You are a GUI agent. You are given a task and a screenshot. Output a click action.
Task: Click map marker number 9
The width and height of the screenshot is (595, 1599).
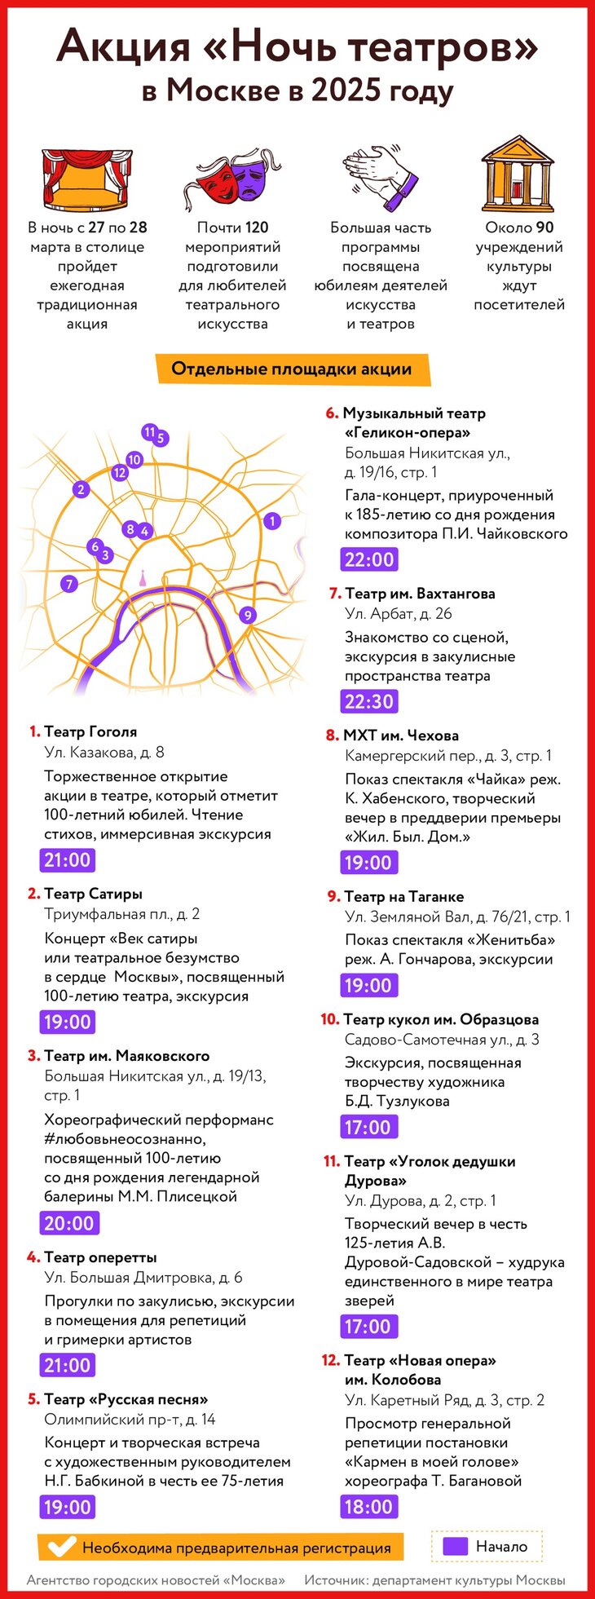click(x=248, y=616)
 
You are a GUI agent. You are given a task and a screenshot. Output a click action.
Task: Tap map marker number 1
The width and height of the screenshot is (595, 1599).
click(x=272, y=520)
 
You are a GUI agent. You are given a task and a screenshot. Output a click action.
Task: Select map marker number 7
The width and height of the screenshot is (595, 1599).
click(x=69, y=584)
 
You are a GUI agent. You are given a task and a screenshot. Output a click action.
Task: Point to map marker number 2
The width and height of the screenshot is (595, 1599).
click(x=80, y=489)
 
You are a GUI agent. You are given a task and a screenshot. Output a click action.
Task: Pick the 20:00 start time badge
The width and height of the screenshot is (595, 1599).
click(x=69, y=1223)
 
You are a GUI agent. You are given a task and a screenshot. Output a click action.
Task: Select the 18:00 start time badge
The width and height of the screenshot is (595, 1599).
click(x=368, y=1506)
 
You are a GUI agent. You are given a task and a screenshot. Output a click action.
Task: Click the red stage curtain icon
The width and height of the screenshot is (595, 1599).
click(x=86, y=179)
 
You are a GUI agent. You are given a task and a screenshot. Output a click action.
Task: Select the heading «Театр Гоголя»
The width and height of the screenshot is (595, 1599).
click(x=90, y=732)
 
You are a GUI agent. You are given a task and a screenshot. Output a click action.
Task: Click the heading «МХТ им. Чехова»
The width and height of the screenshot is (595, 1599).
click(x=401, y=735)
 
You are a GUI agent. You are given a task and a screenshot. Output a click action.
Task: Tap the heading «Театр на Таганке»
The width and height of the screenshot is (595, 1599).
click(x=404, y=897)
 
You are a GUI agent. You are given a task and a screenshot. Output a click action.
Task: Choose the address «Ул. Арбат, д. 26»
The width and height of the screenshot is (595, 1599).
click(x=398, y=614)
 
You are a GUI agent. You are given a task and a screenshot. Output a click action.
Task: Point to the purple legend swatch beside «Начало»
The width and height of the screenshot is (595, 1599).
click(x=455, y=1546)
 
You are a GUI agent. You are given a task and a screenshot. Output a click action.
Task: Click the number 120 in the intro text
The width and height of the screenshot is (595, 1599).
click(x=257, y=227)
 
